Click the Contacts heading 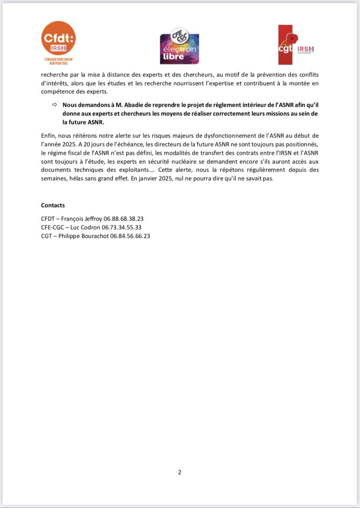coord(53,205)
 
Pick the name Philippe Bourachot coord(84,236)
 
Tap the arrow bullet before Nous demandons coord(54,105)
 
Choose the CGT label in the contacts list coord(48,236)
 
